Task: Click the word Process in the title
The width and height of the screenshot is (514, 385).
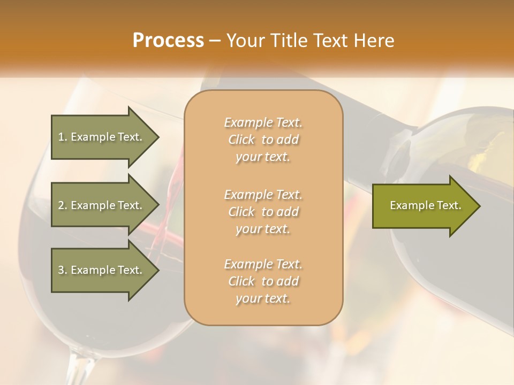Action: click(x=168, y=41)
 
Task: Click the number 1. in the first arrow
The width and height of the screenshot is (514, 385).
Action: click(x=63, y=137)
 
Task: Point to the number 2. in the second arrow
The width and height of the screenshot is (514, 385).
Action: click(x=63, y=205)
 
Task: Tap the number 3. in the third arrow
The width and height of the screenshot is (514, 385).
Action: click(x=63, y=270)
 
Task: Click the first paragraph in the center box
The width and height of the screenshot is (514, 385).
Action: click(x=263, y=140)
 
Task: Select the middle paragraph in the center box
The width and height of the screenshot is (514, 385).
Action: click(x=263, y=212)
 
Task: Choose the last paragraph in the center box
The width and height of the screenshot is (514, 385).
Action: click(x=263, y=281)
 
